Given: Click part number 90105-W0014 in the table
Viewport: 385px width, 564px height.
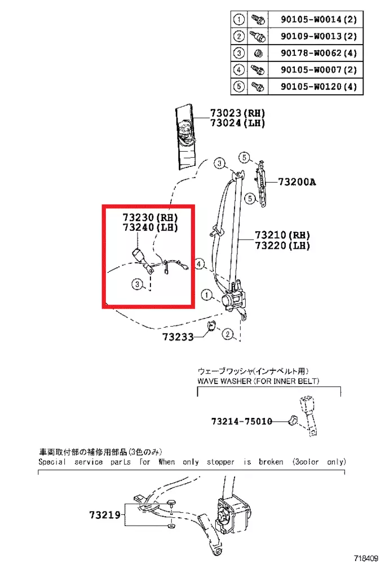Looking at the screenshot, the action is [x=311, y=19].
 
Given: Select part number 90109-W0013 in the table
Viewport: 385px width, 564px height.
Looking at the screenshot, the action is [x=311, y=36].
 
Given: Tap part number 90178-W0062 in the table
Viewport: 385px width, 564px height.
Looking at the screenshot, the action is [x=311, y=53].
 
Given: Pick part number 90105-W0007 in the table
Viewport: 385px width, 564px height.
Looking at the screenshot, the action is [x=311, y=70].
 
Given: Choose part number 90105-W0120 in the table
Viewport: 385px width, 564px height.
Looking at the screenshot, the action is [x=311, y=87].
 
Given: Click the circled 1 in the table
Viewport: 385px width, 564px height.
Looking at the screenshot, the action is [x=238, y=19].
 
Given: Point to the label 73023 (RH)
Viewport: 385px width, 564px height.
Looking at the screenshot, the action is [x=238, y=113].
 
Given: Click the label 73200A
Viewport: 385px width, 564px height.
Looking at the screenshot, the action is [x=297, y=182].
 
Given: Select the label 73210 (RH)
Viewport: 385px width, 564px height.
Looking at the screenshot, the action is [x=282, y=235].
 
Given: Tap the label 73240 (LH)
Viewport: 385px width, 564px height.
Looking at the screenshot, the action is [x=151, y=227].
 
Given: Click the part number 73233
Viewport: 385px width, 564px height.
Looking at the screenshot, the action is [x=178, y=337].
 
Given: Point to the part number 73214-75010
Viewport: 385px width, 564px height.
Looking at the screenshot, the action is [x=242, y=421].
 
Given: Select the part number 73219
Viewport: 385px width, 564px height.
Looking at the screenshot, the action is [x=105, y=515].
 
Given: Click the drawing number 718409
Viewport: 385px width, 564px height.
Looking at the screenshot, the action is [x=366, y=558].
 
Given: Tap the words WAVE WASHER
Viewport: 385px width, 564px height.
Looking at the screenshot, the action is [x=225, y=381].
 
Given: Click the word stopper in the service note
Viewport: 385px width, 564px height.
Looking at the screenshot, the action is [x=220, y=462].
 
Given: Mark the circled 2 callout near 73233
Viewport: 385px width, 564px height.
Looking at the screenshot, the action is [x=228, y=334].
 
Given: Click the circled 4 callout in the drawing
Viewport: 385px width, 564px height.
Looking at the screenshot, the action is [x=199, y=265].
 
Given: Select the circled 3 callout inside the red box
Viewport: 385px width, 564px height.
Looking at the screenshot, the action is [x=137, y=284].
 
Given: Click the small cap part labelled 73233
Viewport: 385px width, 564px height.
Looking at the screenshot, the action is [x=211, y=327].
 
